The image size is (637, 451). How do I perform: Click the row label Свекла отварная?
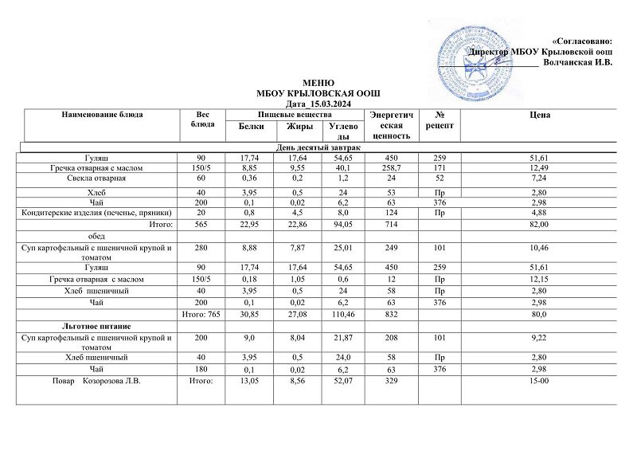point(102,179)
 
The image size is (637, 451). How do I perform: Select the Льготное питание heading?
point(102,327)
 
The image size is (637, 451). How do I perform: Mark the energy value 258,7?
point(392,168)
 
